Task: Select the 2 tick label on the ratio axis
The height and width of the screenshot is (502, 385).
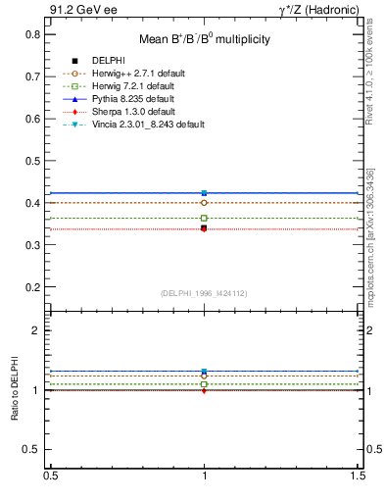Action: pos(36,330)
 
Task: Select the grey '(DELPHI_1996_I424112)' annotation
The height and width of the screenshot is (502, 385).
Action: pos(204,292)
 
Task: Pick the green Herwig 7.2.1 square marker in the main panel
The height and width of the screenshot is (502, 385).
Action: pos(204,218)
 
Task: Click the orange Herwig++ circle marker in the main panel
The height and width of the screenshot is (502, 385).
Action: pos(204,203)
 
